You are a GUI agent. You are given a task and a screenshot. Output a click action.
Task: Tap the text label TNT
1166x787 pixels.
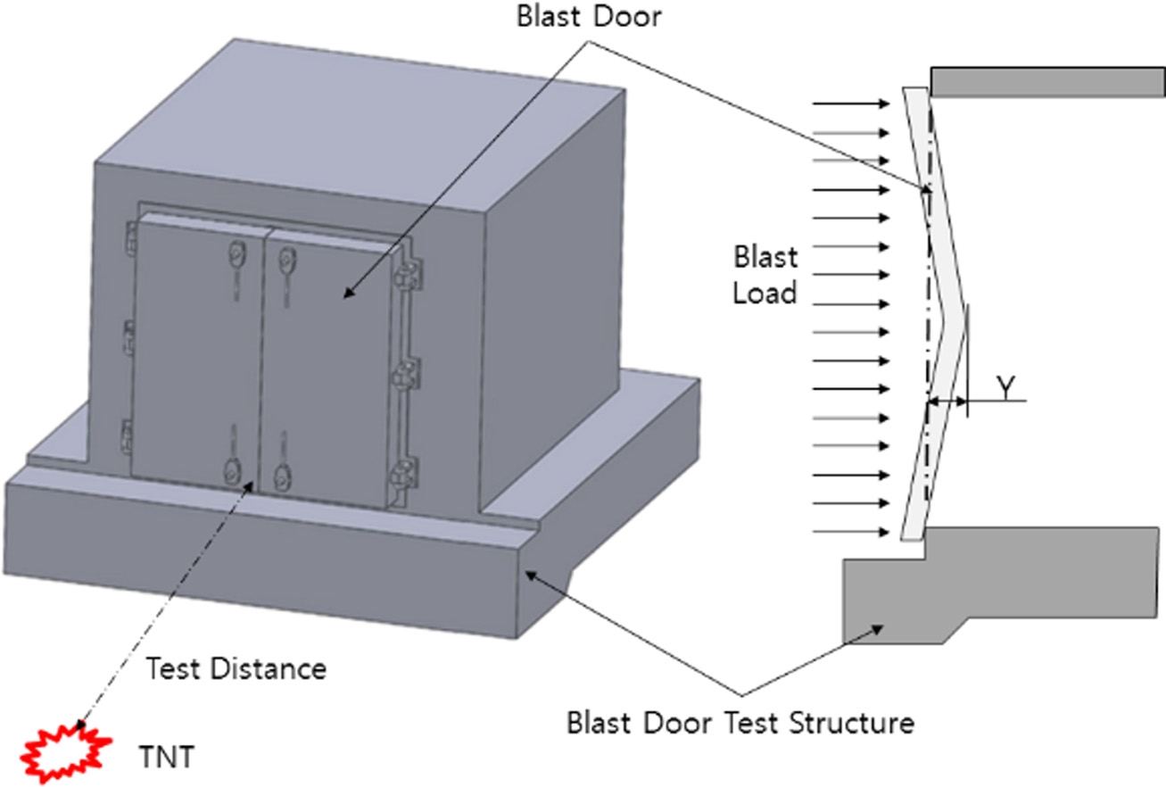[165, 757]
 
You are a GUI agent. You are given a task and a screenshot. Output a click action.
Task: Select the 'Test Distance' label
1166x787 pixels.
[236, 668]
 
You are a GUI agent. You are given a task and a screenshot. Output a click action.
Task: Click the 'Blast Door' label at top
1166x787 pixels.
[589, 17]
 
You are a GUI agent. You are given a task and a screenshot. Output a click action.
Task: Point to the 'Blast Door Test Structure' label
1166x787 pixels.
[740, 722]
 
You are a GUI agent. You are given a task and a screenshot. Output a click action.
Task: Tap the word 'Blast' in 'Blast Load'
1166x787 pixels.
[765, 258]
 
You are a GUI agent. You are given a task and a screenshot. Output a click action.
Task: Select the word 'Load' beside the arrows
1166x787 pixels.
[765, 292]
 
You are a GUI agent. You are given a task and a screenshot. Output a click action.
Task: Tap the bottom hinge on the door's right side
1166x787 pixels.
[407, 470]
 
